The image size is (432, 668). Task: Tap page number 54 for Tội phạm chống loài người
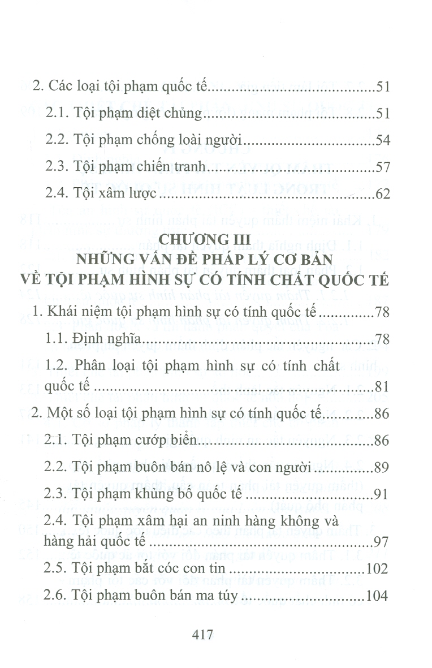coord(382,140)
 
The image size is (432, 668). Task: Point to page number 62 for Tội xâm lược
coord(382,195)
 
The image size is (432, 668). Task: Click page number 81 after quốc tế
coord(382,388)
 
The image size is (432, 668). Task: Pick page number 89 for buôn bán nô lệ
coord(382,467)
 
